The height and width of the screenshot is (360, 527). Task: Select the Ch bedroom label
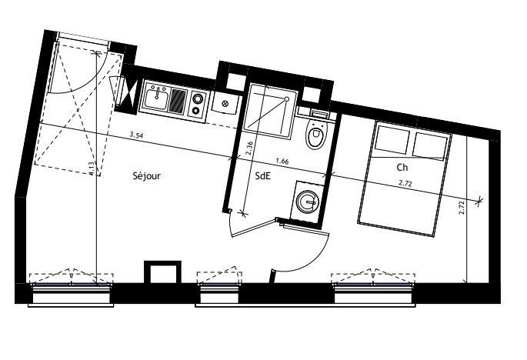tap(402, 167)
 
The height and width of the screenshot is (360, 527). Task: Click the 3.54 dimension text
tap(136, 135)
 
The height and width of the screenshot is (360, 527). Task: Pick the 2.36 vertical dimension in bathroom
tap(249, 148)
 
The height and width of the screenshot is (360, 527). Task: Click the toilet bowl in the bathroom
tap(314, 137)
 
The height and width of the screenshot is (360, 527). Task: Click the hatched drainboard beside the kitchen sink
tap(178, 100)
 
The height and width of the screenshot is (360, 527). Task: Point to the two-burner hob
tap(198, 103)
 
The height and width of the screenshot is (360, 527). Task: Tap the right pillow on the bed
tap(430, 145)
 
